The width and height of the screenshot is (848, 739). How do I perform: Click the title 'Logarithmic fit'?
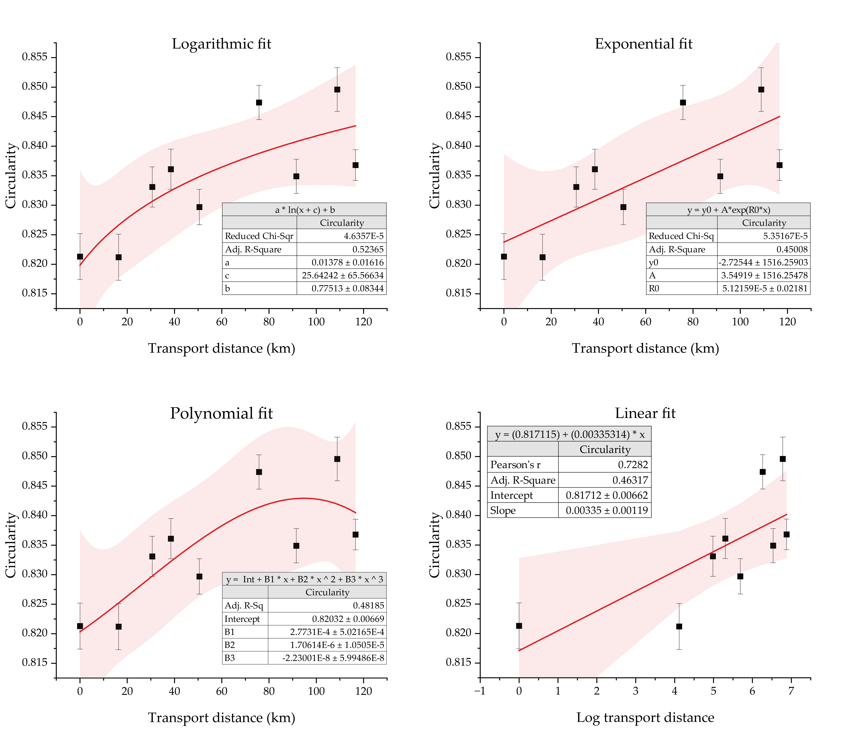(222, 44)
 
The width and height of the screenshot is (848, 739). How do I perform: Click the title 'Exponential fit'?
(643, 44)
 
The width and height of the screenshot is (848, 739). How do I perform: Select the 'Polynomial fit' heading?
(222, 413)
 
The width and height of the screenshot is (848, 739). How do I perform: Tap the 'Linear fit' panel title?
(645, 413)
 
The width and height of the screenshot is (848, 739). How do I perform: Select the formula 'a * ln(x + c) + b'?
(304, 209)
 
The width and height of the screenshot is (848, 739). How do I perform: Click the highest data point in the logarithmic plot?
(337, 90)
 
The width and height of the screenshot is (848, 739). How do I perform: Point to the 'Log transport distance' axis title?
(645, 717)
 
